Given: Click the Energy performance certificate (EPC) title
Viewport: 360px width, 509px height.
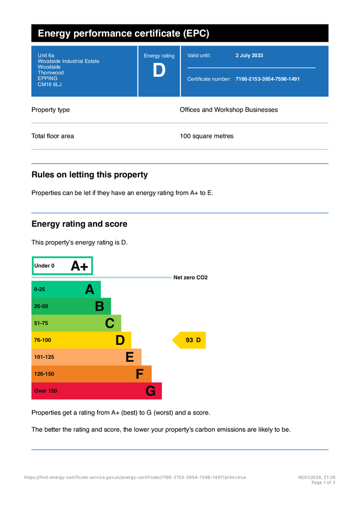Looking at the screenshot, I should click(x=123, y=34).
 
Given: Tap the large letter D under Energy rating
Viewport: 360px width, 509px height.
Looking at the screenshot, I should click(x=159, y=71).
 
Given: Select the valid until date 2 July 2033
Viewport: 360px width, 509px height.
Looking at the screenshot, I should click(x=249, y=56).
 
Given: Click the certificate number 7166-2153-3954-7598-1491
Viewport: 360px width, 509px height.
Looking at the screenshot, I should click(x=268, y=79).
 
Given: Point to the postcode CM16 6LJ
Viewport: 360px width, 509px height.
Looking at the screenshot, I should click(x=50, y=85).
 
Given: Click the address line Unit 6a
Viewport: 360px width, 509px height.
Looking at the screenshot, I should click(x=46, y=56).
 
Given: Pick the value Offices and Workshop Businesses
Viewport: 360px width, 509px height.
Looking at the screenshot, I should click(x=229, y=110).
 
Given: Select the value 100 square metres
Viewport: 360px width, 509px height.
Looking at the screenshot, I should click(x=206, y=136).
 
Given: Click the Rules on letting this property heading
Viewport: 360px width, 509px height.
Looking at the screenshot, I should click(x=90, y=175).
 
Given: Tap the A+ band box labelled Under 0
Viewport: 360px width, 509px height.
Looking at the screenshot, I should click(x=62, y=266).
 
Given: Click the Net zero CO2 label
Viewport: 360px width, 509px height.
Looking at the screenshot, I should click(x=190, y=278).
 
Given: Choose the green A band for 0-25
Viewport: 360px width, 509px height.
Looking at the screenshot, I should click(x=66, y=289).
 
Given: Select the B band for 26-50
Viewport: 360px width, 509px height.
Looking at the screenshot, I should click(x=71, y=306).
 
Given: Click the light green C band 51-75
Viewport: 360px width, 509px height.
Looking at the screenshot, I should click(x=76, y=323).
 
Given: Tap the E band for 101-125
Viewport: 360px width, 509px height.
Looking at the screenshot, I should click(x=86, y=357).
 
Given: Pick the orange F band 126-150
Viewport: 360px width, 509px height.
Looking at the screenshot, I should click(x=91, y=374).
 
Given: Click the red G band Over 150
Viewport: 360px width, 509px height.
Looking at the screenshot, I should click(x=96, y=391).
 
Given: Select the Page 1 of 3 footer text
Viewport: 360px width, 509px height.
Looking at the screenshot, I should click(x=323, y=483).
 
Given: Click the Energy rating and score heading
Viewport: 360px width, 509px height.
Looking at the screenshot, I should click(x=80, y=224).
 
